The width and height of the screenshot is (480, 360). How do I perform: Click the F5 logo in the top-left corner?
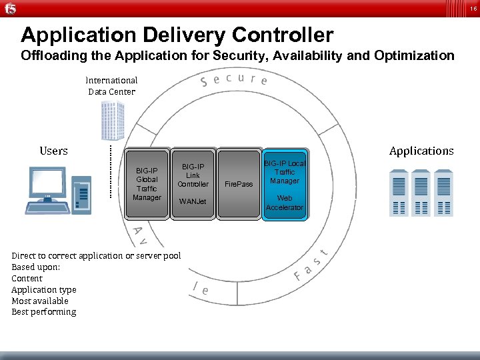[9, 9]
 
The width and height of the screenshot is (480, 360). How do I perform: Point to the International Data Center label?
[111, 85]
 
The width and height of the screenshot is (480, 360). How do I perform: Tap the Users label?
[53, 151]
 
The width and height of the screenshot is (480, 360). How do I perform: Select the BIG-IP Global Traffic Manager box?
[147, 183]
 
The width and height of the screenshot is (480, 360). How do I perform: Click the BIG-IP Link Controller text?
[193, 175]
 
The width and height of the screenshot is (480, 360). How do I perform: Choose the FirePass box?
[239, 183]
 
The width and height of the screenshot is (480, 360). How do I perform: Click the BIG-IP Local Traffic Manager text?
[285, 172]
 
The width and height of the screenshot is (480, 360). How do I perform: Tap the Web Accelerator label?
[285, 203]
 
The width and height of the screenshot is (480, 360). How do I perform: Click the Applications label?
[421, 151]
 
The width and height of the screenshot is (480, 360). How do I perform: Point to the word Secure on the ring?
[234, 80]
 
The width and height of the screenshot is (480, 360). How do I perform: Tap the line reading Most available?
[39, 301]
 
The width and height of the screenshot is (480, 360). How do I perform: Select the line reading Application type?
[44, 289]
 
